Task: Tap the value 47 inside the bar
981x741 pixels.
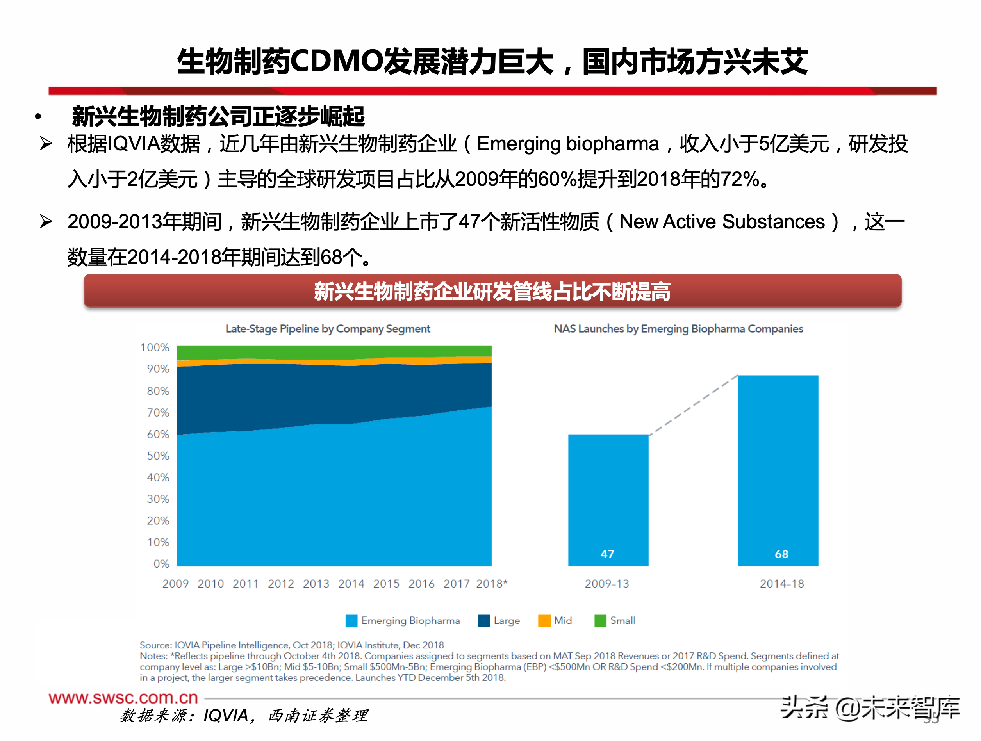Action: (607, 554)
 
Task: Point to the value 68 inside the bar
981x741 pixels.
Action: (781, 554)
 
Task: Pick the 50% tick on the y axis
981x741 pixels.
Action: (158, 456)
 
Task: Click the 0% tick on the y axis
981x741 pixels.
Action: (161, 564)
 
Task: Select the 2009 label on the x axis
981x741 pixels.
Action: (176, 584)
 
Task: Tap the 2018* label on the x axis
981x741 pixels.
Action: (491, 584)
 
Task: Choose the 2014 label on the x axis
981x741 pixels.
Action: (351, 584)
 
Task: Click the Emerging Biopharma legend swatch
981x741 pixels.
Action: (351, 620)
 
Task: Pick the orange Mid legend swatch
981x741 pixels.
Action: (544, 620)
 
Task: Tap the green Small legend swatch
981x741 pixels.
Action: (600, 620)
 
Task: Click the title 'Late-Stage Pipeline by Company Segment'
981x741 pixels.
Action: (328, 329)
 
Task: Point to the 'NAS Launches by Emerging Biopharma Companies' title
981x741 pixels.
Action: (678, 329)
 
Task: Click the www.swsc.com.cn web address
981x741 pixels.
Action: (123, 698)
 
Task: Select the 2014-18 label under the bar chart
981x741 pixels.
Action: (781, 584)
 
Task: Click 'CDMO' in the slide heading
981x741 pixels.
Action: (336, 61)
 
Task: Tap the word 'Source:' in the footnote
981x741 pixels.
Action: (155, 645)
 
